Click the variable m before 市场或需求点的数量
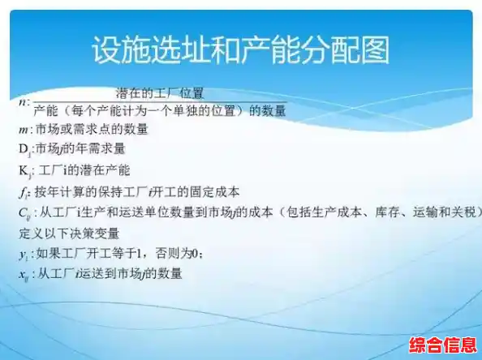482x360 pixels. coord(24,130)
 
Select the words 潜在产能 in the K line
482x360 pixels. coord(107,171)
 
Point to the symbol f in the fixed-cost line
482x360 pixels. coord(23,192)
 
